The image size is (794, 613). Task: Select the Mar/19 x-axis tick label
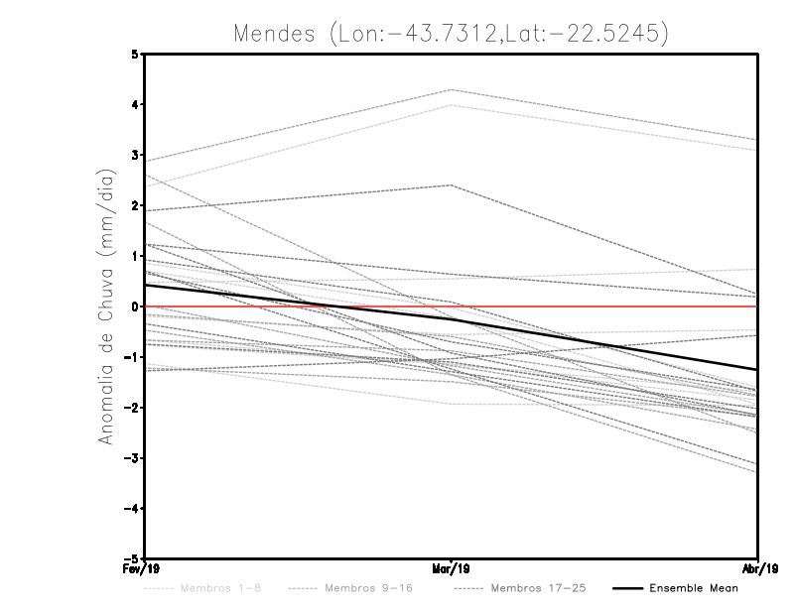click(x=452, y=569)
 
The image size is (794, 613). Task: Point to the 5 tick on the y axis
click(x=135, y=54)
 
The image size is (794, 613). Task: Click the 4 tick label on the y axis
click(x=135, y=104)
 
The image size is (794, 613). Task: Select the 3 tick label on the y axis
click(x=135, y=155)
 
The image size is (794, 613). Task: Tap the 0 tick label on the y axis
click(x=135, y=306)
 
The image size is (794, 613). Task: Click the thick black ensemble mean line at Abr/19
click(x=756, y=369)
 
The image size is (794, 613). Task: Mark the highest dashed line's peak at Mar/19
click(x=452, y=90)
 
